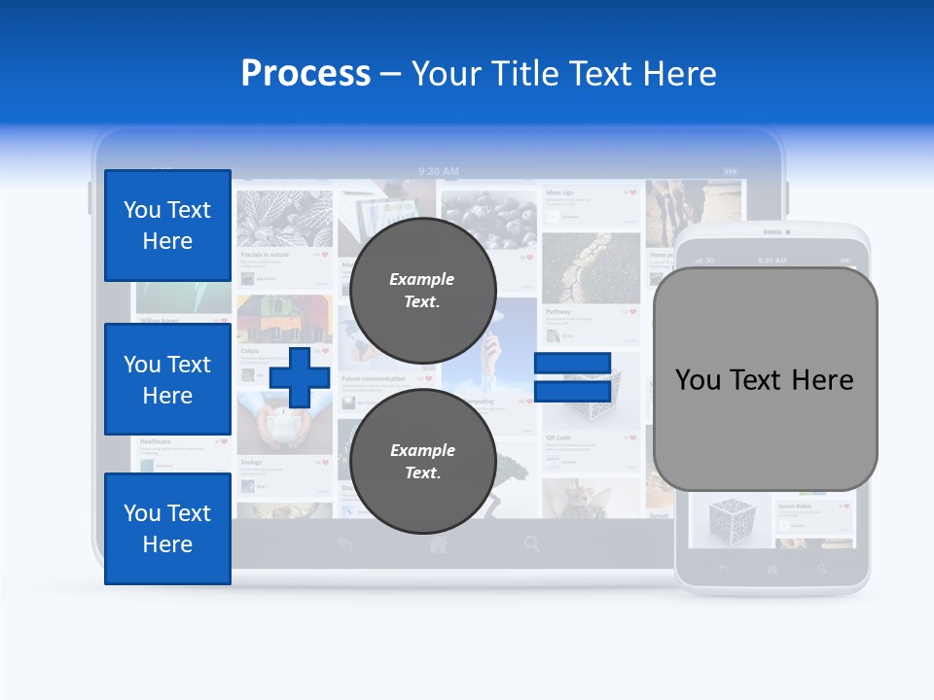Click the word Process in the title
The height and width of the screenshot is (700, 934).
(305, 73)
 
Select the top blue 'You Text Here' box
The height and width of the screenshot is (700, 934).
(167, 226)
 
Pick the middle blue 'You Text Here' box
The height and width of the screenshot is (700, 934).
(167, 379)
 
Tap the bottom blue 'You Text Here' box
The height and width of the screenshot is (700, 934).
(167, 529)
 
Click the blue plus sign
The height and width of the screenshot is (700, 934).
(299, 377)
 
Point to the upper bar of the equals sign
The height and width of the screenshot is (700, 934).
(572, 364)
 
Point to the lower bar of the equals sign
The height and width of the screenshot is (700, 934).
(572, 391)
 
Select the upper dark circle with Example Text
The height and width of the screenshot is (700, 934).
(422, 290)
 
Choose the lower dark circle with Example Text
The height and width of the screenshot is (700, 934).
(422, 461)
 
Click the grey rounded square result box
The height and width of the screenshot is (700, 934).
(765, 379)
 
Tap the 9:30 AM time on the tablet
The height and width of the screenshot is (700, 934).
(438, 171)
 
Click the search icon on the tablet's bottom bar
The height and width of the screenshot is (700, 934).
(532, 544)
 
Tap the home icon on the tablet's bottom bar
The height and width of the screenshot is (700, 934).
(438, 545)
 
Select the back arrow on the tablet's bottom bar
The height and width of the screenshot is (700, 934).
(343, 544)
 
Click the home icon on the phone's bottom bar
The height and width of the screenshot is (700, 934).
(772, 569)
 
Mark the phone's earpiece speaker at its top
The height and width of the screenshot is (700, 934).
(772, 232)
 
